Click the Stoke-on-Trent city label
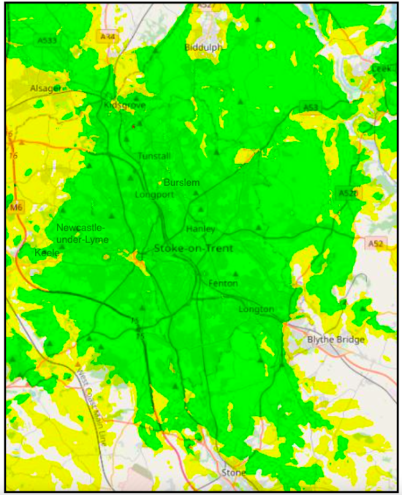click(x=194, y=249)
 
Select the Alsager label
click(x=47, y=88)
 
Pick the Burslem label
click(x=182, y=182)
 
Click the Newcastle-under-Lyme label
click(x=83, y=234)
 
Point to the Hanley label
click(x=201, y=228)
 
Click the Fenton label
click(x=223, y=283)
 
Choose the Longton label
click(x=256, y=310)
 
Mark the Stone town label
click(x=235, y=474)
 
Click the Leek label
click(x=382, y=68)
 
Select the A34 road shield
click(x=108, y=37)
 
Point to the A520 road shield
click(x=348, y=193)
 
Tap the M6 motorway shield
click(x=17, y=208)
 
